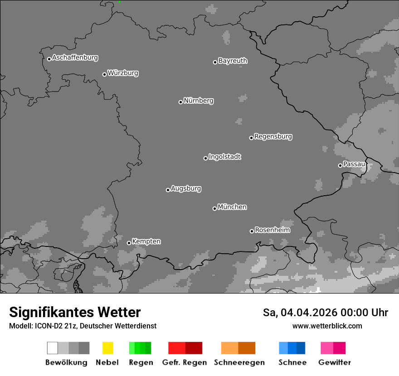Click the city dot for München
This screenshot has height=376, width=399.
(x=214, y=208)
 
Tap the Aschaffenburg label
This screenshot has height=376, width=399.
(x=75, y=58)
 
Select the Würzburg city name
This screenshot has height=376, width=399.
(x=123, y=73)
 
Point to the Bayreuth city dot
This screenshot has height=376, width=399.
(x=215, y=62)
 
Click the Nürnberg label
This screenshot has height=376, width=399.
(x=199, y=101)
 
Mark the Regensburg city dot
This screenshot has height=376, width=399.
(x=251, y=138)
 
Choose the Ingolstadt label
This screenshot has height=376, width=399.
(x=224, y=157)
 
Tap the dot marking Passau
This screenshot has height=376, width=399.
(x=340, y=165)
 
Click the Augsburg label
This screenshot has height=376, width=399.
(x=186, y=188)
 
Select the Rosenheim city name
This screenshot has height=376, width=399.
(x=272, y=230)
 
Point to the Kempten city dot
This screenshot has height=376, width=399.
(x=129, y=243)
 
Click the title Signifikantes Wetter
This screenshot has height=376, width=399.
(x=75, y=312)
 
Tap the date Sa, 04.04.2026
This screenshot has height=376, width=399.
(x=301, y=313)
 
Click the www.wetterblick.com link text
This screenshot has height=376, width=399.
(x=327, y=326)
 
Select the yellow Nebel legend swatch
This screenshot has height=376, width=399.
(x=107, y=348)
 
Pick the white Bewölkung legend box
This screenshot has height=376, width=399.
(x=52, y=348)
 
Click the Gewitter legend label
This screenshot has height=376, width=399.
(x=334, y=362)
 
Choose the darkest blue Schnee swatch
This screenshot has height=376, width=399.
(x=301, y=348)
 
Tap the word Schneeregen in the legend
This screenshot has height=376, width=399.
(x=239, y=362)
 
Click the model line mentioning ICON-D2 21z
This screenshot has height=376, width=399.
(x=83, y=326)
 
